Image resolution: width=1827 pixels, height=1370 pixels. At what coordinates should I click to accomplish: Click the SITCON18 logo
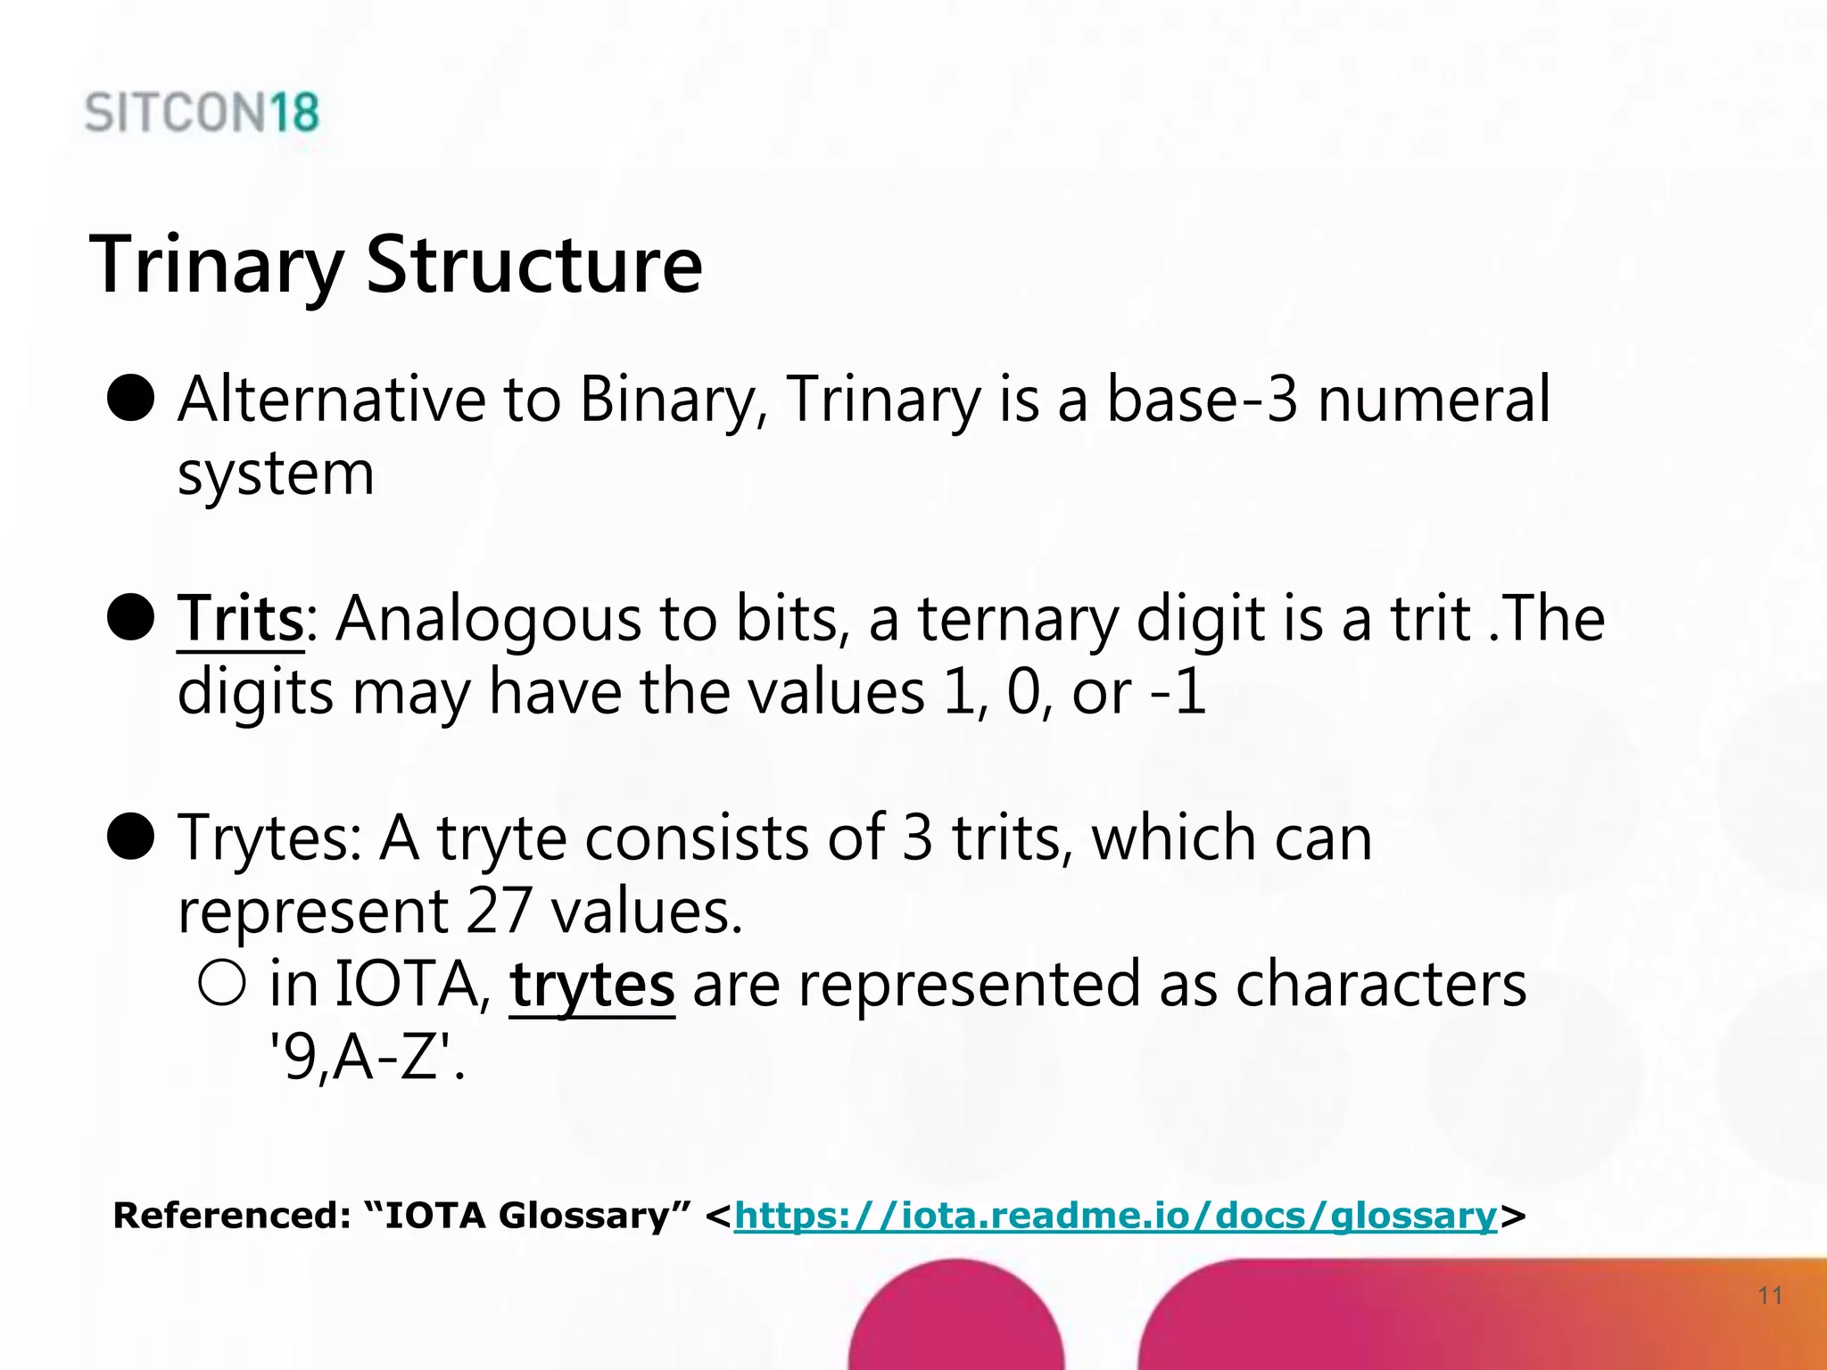(202, 113)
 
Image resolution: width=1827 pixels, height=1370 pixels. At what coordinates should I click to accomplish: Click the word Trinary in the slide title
(217, 265)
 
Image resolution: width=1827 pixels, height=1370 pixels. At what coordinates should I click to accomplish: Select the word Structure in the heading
(534, 265)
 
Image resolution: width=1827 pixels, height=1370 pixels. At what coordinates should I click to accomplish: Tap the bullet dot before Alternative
(131, 398)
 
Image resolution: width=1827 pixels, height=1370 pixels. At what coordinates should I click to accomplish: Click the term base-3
(1202, 399)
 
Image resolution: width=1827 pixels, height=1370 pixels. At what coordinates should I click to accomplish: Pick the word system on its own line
(276, 474)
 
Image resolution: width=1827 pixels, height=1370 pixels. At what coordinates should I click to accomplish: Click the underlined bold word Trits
(241, 618)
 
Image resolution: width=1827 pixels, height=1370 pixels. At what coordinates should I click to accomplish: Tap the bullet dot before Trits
(131, 617)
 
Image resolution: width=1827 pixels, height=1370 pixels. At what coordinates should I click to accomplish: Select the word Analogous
(488, 619)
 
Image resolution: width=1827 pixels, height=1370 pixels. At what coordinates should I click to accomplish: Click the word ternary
(1017, 619)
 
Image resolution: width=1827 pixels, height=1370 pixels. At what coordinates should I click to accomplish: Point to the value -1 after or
(1178, 692)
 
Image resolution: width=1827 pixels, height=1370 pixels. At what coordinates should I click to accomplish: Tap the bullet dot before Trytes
(131, 837)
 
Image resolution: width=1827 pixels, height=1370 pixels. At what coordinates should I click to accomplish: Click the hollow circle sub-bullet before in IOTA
(222, 983)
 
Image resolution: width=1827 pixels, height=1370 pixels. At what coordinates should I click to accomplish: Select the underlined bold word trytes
(592, 985)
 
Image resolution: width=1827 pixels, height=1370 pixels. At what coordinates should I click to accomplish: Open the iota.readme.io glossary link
(1115, 1215)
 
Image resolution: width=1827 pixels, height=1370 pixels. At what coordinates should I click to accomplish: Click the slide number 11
(1770, 1295)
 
